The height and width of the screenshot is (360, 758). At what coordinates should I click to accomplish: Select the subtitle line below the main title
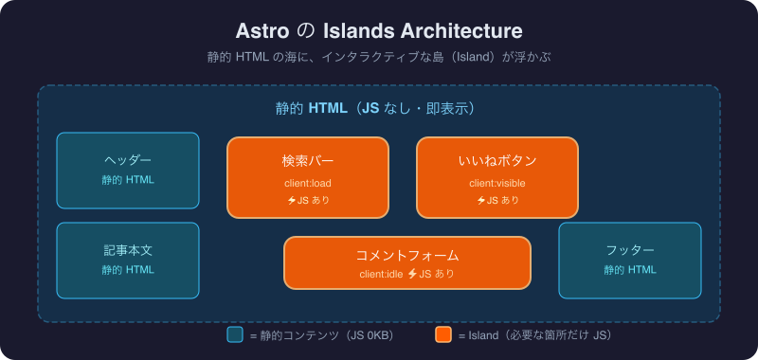click(379, 57)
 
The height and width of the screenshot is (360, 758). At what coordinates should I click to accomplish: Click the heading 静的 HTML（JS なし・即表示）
click(379, 108)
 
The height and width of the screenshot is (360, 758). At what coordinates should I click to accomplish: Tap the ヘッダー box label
click(128, 160)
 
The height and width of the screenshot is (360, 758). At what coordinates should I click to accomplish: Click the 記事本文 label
click(128, 250)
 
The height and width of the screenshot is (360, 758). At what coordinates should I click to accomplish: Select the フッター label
click(630, 250)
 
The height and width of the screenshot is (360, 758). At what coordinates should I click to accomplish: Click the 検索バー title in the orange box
click(308, 160)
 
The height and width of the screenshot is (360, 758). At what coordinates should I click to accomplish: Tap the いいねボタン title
click(497, 160)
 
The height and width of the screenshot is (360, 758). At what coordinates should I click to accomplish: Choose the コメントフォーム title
click(407, 255)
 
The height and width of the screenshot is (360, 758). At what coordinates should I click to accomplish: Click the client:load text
click(308, 183)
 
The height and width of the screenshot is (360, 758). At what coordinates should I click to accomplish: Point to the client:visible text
click(497, 183)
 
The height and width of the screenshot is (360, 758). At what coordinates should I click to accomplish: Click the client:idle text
click(380, 274)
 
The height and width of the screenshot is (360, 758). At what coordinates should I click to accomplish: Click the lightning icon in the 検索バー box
click(292, 200)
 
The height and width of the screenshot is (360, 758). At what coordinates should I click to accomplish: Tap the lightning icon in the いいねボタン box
click(481, 200)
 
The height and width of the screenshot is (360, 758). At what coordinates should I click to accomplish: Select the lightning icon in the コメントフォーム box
click(412, 274)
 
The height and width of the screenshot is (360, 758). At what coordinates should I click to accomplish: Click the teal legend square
click(235, 334)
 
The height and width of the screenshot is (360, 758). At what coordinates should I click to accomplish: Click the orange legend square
click(443, 334)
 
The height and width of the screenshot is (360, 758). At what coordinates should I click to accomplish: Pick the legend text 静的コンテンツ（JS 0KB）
click(321, 335)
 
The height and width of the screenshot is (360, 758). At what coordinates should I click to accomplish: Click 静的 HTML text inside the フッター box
click(630, 270)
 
